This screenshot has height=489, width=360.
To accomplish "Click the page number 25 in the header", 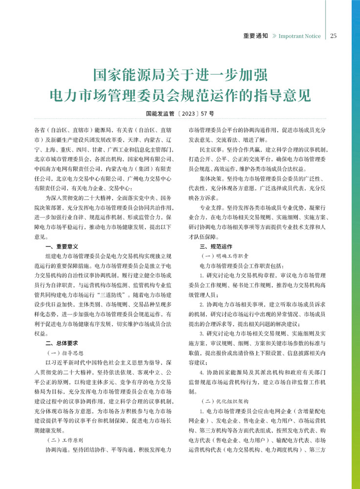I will (x=334, y=36).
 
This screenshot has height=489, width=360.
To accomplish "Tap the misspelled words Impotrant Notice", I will (x=300, y=36).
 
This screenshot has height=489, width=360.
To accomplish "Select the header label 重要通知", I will (x=256, y=36).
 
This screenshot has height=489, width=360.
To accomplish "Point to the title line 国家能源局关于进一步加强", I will (x=180, y=76).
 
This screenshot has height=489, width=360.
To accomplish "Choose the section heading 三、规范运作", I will (x=215, y=246).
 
